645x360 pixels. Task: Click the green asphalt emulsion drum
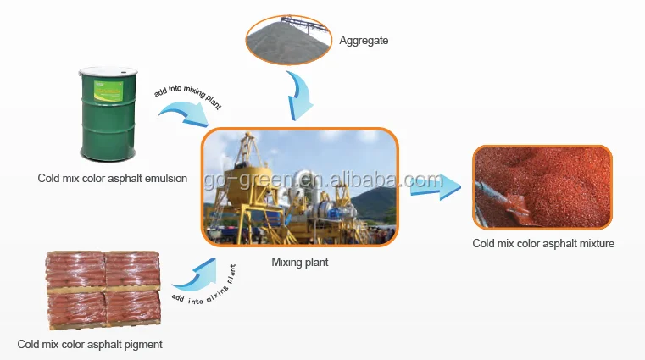[107, 117]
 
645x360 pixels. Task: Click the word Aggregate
[364, 40]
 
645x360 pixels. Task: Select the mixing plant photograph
[299, 187]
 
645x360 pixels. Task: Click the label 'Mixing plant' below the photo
[299, 263]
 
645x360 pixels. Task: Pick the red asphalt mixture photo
[542, 187]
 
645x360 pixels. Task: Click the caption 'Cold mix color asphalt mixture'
[542, 244]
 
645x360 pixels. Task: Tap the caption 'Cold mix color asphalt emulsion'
[112, 179]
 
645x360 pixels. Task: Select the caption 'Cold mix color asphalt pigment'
[89, 344]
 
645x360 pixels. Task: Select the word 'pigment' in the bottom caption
[142, 344]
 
